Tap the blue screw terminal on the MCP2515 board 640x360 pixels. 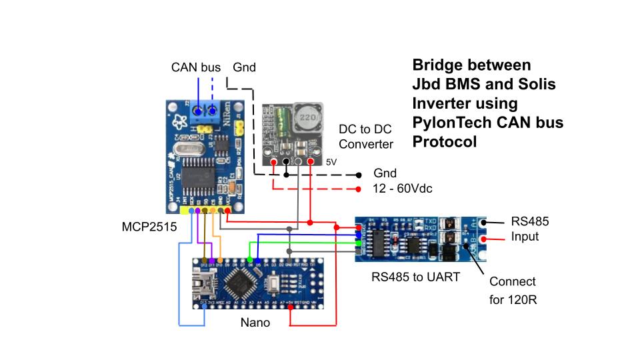pyautogui.click(x=206, y=111)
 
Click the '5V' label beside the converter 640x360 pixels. pyautogui.click(x=331, y=162)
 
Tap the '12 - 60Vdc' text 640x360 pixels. pyautogui.click(x=403, y=189)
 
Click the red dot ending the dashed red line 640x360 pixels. pyautogui.click(x=359, y=189)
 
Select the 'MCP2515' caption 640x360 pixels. pyautogui.click(x=148, y=227)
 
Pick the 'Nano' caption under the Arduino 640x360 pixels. pyautogui.click(x=255, y=323)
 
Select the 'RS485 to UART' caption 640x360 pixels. pyautogui.click(x=415, y=277)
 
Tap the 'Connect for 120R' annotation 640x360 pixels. pyautogui.click(x=513, y=291)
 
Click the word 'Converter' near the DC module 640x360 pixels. pyautogui.click(x=366, y=144)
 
